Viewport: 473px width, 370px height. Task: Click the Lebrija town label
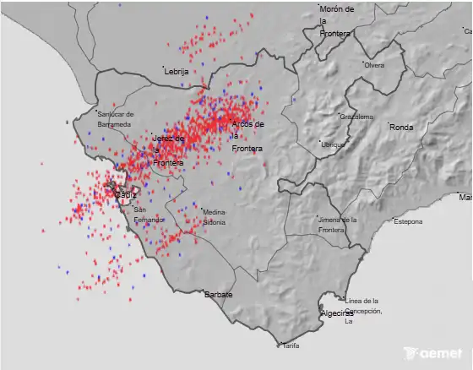click(177, 72)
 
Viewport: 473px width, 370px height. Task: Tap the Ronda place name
click(401, 128)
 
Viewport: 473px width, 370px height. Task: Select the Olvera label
click(374, 65)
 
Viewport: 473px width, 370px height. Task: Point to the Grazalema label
click(356, 117)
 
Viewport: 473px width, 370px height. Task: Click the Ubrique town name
click(334, 144)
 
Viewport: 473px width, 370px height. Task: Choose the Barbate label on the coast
click(218, 295)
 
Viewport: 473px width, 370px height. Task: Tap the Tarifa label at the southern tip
click(291, 346)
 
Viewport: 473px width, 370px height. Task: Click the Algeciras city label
click(337, 313)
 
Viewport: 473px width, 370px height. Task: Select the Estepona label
click(409, 221)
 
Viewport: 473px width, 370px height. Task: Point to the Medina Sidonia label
click(215, 217)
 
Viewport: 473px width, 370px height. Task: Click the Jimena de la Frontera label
click(337, 225)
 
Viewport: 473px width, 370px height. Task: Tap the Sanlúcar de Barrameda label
click(114, 119)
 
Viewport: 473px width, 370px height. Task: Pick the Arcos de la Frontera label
click(247, 136)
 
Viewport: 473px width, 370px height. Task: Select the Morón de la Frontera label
click(336, 21)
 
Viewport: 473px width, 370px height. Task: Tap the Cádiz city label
click(125, 195)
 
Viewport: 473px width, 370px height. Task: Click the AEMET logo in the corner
click(433, 354)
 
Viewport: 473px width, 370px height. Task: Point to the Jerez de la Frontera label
click(167, 150)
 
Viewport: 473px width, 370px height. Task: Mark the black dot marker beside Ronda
click(389, 124)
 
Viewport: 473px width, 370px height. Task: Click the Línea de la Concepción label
click(362, 310)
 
